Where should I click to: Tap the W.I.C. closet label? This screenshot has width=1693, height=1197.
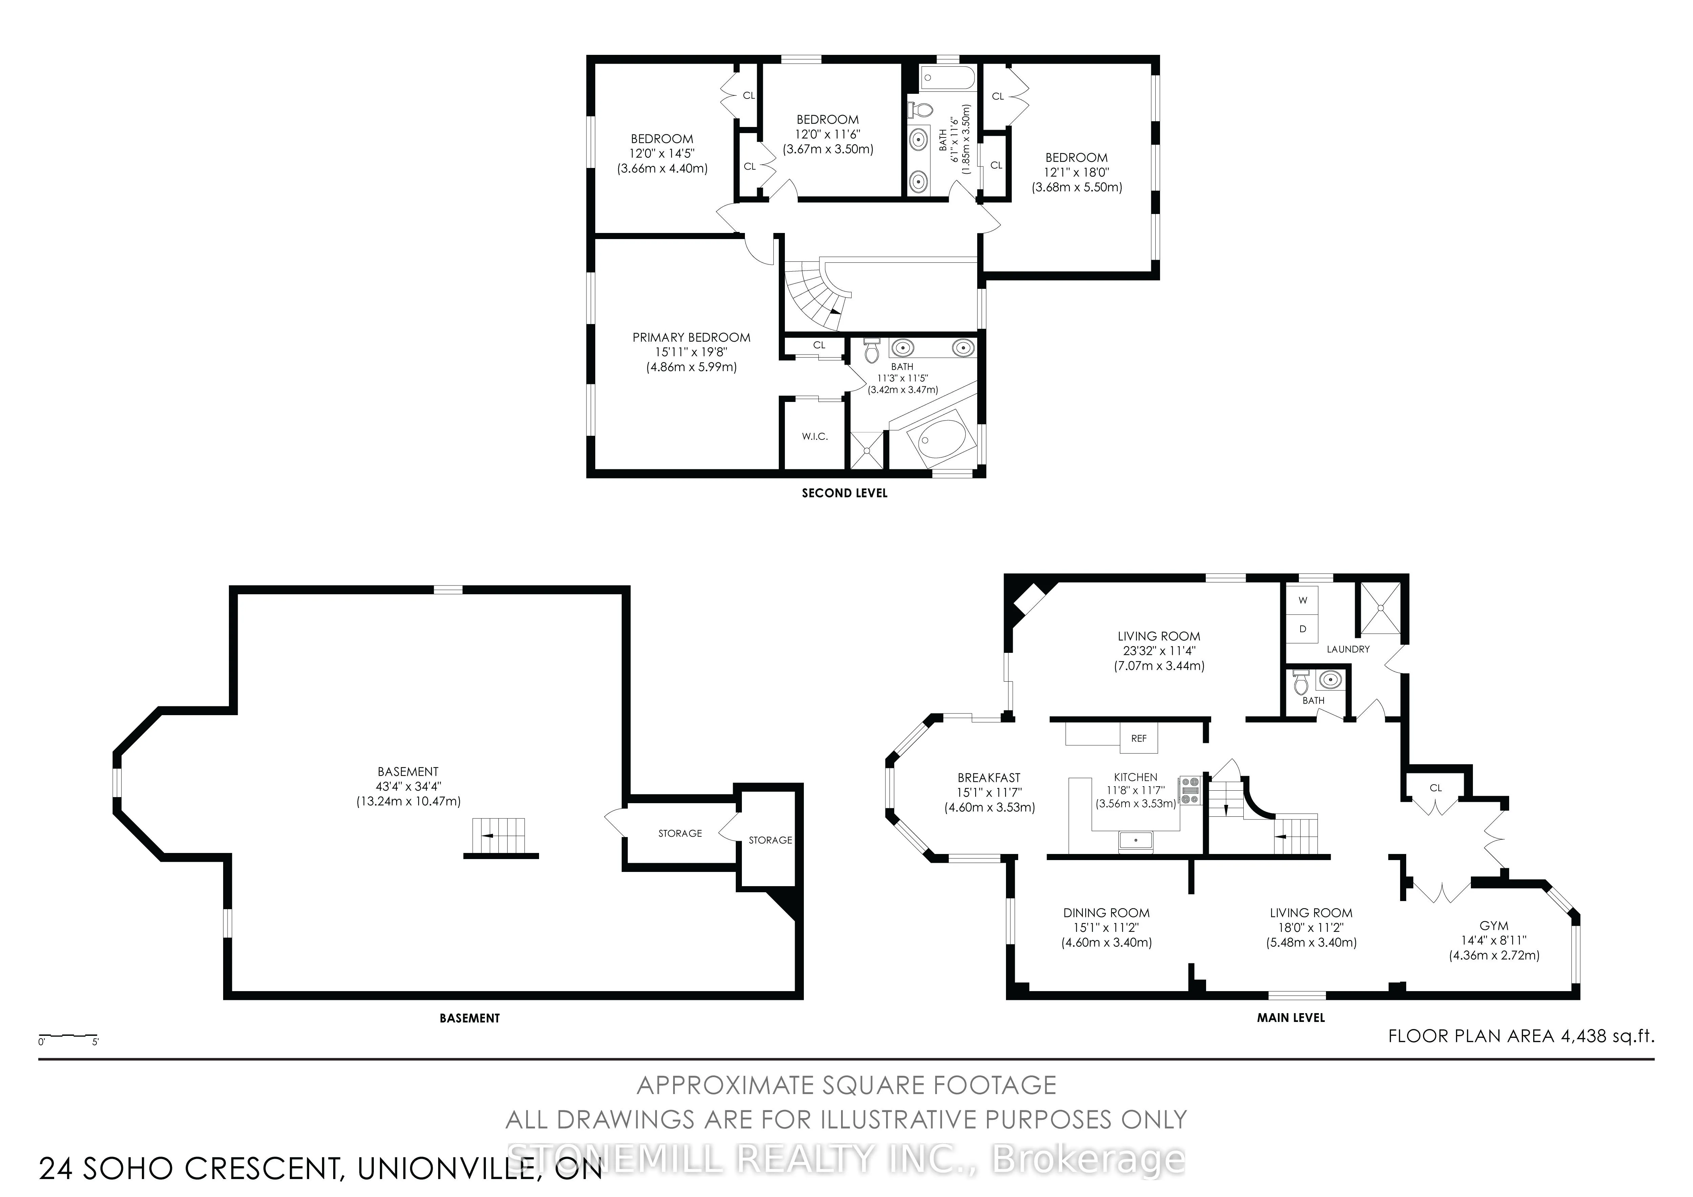click(815, 436)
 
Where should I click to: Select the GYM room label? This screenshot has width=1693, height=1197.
click(1494, 925)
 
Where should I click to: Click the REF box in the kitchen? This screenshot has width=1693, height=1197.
click(1138, 738)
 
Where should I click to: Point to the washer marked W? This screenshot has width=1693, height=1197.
click(1303, 600)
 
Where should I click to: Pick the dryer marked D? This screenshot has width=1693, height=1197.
click(1303, 629)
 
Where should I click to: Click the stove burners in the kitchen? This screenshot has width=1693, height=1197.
click(1190, 790)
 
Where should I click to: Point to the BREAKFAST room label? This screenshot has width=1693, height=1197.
click(989, 777)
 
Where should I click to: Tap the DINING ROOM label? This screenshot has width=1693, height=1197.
click(1106, 913)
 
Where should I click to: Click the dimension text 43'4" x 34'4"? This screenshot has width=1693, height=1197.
click(408, 786)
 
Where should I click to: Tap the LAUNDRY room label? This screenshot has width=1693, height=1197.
click(1348, 649)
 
